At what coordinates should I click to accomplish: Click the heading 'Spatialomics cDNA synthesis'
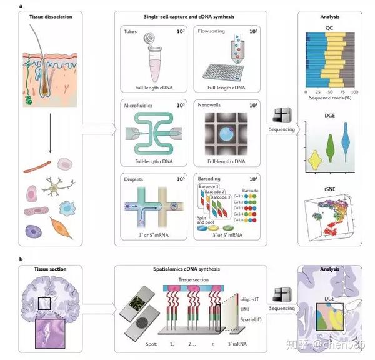coord(191,269)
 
